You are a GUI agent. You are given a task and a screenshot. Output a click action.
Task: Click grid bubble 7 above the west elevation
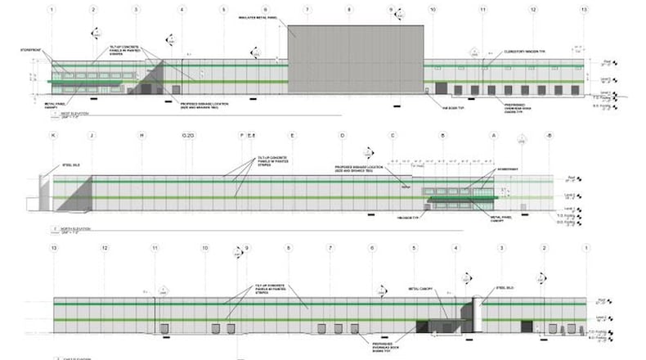(x=307, y=10)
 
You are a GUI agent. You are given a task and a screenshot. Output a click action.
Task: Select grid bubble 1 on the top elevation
(x=52, y=10)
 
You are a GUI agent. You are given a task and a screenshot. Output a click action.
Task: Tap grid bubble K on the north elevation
(x=54, y=135)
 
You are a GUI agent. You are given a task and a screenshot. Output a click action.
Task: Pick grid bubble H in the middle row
(x=141, y=135)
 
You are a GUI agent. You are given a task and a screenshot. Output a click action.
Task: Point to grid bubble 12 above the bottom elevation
(x=104, y=247)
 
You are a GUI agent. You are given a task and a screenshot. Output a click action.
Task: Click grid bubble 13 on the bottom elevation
(x=54, y=247)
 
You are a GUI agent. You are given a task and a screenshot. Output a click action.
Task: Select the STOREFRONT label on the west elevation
(x=30, y=50)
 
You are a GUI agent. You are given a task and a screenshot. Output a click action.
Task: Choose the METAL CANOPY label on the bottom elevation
(x=419, y=288)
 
